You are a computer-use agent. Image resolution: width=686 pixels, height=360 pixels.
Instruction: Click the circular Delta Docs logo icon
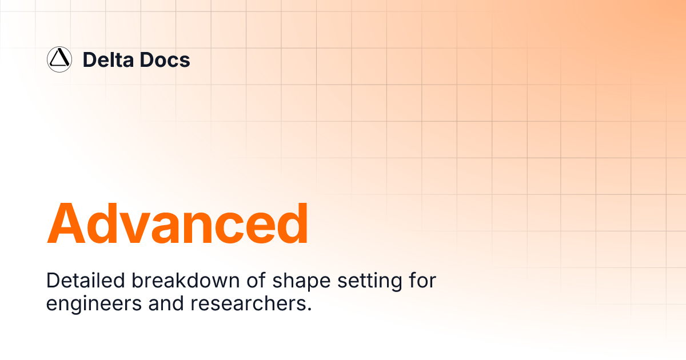(59, 59)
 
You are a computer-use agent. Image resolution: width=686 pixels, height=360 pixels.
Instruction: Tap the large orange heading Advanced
(177, 223)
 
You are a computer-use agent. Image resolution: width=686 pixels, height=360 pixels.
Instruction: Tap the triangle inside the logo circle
(59, 59)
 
